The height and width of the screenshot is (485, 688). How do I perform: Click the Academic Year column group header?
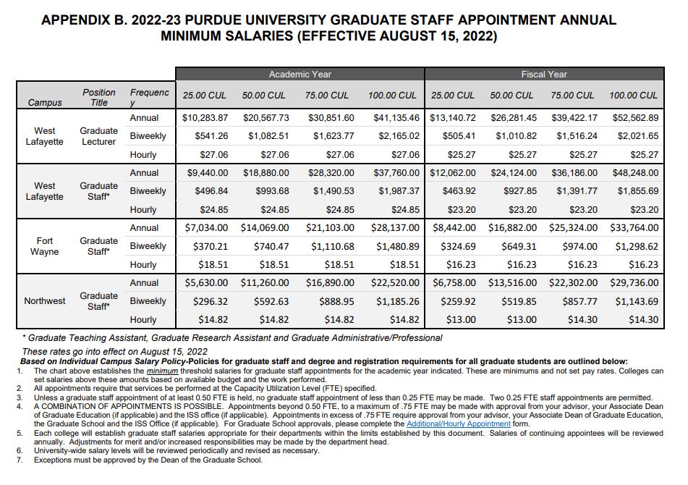pos(300,74)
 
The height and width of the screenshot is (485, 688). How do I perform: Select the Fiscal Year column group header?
pos(544,74)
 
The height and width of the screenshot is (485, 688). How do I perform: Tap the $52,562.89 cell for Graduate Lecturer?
pos(634,118)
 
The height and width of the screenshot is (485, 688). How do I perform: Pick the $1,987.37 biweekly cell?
pos(398,191)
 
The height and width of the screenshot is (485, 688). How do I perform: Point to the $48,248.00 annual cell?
pos(634,173)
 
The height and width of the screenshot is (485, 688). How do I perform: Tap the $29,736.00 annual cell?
pos(634,283)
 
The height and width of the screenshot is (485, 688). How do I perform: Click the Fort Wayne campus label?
pos(44,246)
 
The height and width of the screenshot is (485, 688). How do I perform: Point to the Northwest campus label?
pos(45,301)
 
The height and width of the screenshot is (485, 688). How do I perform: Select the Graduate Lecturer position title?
pos(98,136)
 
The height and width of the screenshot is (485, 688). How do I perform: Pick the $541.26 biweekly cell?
pos(211,136)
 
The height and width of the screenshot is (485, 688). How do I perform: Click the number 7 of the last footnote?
pos(20,460)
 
